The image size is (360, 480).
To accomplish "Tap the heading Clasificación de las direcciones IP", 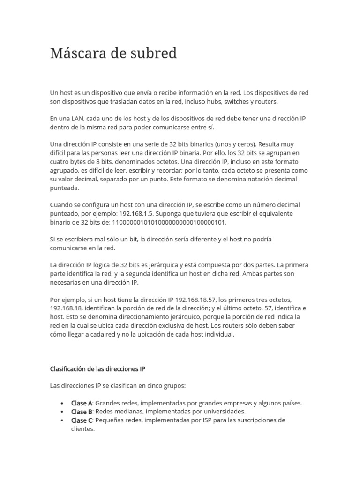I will click(x=97, y=368).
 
